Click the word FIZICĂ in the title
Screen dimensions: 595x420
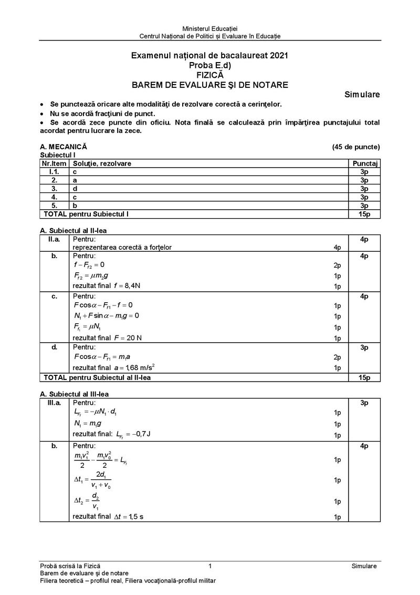click(210, 75)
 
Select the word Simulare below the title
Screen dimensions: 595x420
click(362, 95)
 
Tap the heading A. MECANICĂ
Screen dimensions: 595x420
click(64, 147)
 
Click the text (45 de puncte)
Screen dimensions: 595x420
click(355, 147)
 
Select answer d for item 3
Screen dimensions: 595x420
click(75, 189)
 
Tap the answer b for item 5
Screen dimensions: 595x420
click(75, 206)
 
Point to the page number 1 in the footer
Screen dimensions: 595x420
click(210, 566)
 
